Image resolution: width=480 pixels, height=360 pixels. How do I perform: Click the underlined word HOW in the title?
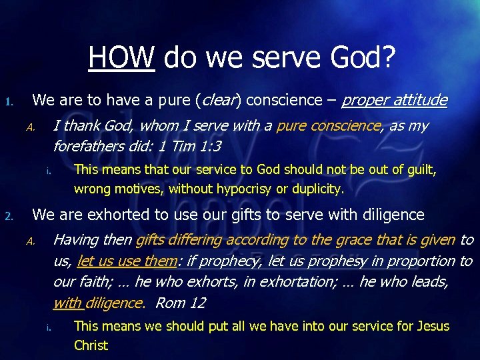pyautogui.click(x=121, y=58)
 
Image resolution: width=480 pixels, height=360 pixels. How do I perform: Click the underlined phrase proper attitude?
pyautogui.click(x=394, y=101)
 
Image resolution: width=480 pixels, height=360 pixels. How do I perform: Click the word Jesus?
pyautogui.click(x=433, y=326)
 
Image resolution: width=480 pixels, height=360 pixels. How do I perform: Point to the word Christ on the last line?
pyautogui.click(x=91, y=345)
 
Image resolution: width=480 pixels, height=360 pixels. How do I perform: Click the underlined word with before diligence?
pyautogui.click(x=67, y=303)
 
